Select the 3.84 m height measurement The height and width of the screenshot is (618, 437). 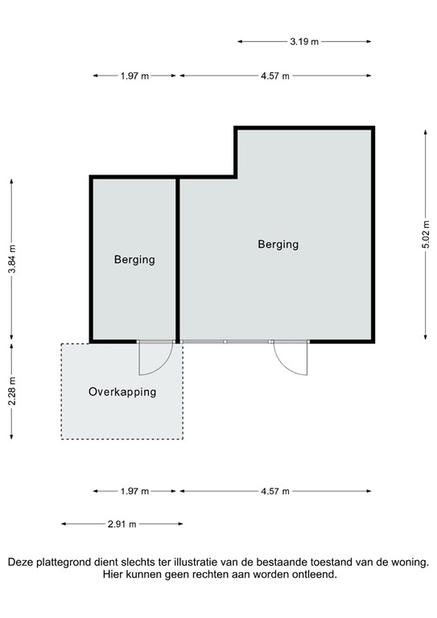click(11, 260)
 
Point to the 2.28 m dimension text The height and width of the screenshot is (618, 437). click(11, 391)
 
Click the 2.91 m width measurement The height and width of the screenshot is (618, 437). click(122, 524)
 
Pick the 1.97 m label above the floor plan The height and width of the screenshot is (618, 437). click(134, 76)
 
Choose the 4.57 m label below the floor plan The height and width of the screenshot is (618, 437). click(275, 491)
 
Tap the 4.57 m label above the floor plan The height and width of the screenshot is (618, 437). click(275, 76)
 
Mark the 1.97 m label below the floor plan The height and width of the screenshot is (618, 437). click(134, 491)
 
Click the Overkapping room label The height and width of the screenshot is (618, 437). click(122, 392)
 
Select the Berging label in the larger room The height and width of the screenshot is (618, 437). click(278, 244)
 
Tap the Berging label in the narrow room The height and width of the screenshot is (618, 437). click(134, 259)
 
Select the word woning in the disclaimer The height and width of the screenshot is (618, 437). click(410, 563)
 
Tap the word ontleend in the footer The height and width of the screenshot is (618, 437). click(310, 576)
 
